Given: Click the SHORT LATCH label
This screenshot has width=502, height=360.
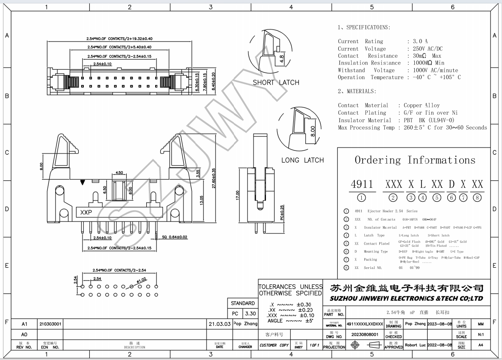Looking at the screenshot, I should (276, 83).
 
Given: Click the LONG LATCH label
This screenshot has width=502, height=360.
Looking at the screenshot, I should (302, 160).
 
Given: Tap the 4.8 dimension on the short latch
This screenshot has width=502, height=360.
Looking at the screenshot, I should (281, 59).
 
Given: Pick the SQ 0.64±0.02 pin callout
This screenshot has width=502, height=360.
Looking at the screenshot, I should (174, 236).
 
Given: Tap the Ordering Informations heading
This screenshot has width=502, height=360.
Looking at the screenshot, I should (415, 160).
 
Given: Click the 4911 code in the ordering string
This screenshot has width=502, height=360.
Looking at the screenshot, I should (362, 184).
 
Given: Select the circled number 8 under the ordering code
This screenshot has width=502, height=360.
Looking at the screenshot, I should (477, 198).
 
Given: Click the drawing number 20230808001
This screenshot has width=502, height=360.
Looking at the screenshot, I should (365, 334).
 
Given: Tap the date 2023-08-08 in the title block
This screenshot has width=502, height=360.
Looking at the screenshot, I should (439, 324).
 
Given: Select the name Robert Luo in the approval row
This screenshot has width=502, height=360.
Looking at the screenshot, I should (416, 345).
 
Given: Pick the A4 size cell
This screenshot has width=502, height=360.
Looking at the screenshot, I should (480, 345).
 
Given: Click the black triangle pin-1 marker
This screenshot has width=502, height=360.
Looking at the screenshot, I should (82, 183).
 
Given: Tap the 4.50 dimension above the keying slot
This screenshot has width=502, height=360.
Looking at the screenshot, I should (119, 173).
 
